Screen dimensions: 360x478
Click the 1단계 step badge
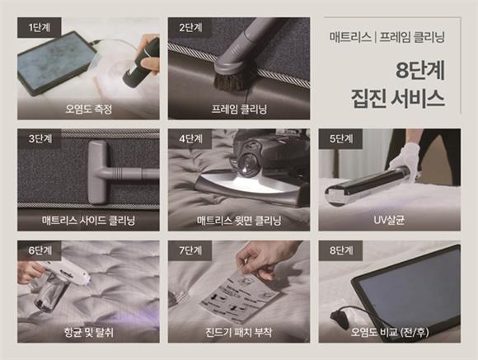(36, 27)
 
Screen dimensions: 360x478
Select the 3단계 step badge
(36, 139)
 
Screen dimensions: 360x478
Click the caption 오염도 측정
(88, 109)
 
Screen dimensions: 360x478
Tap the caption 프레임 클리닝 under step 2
(239, 109)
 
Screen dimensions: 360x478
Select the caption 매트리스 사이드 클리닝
(88, 221)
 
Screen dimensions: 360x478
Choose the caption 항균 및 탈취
(88, 333)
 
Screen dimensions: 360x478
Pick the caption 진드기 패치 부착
(239, 333)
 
